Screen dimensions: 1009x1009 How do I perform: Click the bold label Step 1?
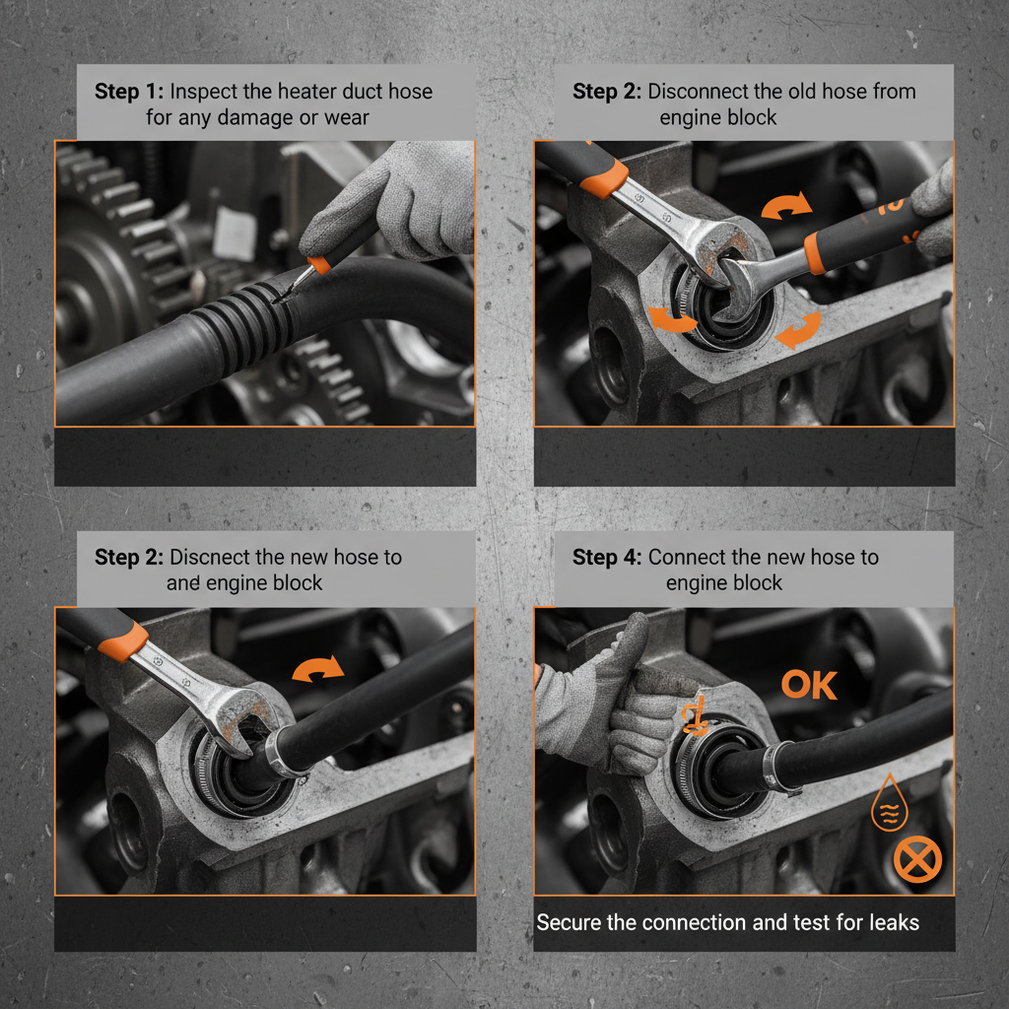click(x=130, y=92)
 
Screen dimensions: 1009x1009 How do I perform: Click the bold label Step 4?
click(x=607, y=557)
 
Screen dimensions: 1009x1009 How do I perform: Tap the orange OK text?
click(x=809, y=686)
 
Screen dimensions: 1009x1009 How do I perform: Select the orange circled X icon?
click(x=917, y=860)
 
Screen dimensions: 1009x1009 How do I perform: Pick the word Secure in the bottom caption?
click(x=569, y=922)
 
